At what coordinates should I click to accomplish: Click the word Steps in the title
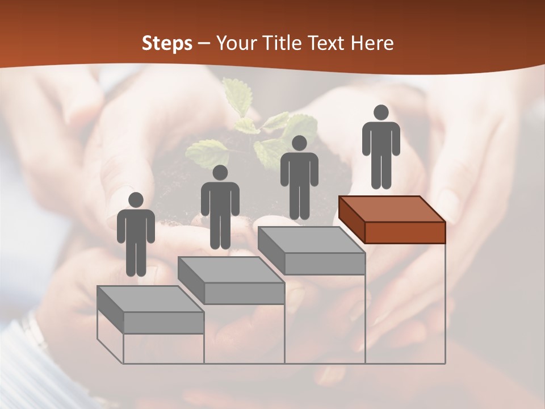[167, 43]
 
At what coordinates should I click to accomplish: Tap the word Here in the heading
[372, 43]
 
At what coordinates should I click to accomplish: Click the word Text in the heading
[327, 43]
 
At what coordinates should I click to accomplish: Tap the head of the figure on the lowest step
[136, 200]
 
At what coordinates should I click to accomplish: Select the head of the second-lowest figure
[220, 173]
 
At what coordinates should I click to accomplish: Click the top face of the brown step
[392, 209]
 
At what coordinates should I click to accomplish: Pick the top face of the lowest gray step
[150, 298]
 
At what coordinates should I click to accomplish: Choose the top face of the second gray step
[230, 269]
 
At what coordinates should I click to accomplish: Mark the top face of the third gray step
[311, 240]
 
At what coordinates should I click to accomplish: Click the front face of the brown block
[405, 232]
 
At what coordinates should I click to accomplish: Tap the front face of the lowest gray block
[163, 323]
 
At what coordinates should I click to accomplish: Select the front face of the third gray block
[324, 264]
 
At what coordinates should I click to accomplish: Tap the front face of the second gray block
[244, 293]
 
